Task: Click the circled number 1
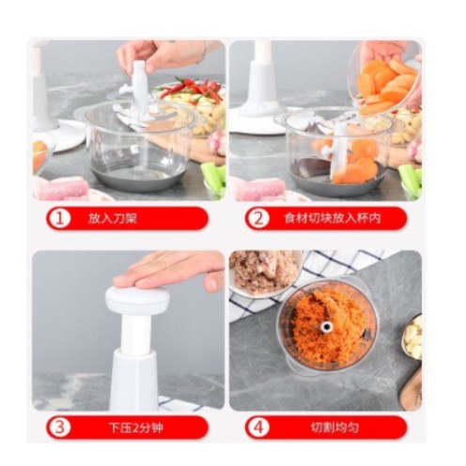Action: pos(59,218)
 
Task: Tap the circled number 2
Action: pos(257,218)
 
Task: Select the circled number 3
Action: pos(59,427)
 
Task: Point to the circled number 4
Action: pos(257,427)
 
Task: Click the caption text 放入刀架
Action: pos(113,218)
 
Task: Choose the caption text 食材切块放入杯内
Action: pos(333,218)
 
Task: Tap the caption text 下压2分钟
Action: pos(136,427)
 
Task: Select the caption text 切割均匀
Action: pos(334,427)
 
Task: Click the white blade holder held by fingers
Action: pos(139,91)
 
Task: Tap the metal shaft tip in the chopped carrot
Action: pos(326,327)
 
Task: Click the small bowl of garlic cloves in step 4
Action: pos(412,337)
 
